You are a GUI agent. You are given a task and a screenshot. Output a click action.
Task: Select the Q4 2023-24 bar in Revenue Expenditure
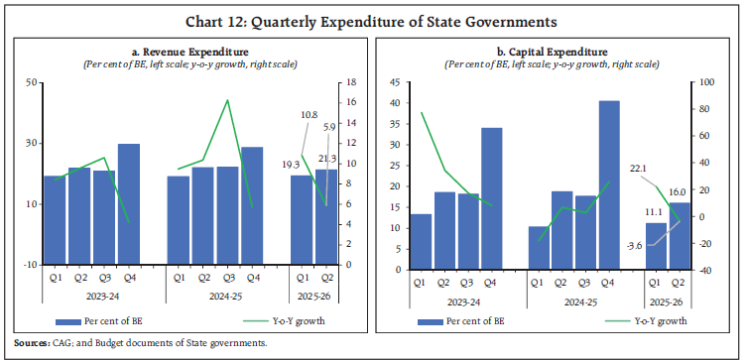[129, 203]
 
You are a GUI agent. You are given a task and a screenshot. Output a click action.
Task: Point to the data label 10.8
[308, 115]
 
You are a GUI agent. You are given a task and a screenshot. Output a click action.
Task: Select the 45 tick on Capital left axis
[398, 82]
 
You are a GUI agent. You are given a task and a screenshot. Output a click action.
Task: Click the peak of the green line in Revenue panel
[229, 100]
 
